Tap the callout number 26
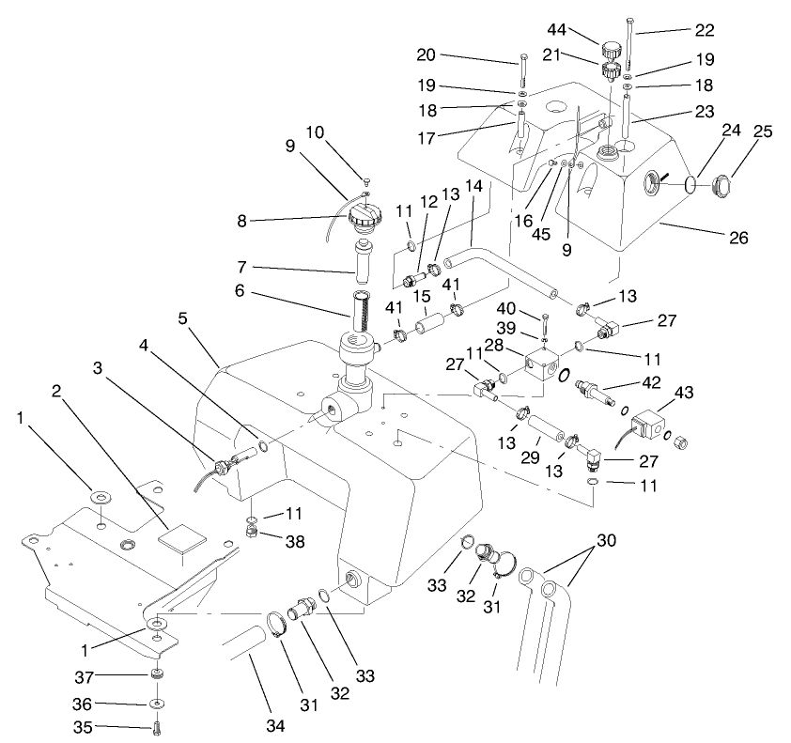pos(739,238)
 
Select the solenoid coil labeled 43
pos(648,415)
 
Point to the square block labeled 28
pos(542,362)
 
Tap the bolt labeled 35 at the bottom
pos(156,724)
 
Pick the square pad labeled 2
pos(180,536)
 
